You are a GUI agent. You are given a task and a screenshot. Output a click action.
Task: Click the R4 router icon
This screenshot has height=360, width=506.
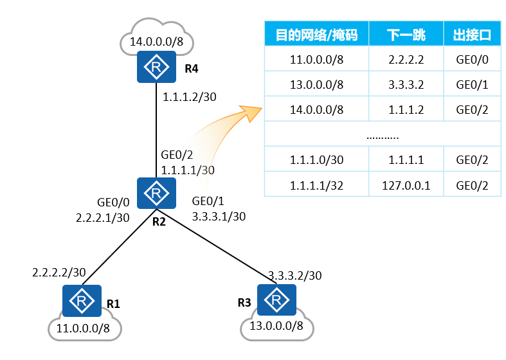point(156,67)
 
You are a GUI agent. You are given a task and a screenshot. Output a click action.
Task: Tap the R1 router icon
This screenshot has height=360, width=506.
point(82,301)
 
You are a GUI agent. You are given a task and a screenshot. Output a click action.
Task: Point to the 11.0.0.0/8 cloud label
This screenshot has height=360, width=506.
point(84,328)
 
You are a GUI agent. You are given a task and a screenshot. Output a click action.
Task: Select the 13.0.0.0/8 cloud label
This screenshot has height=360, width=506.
point(276,326)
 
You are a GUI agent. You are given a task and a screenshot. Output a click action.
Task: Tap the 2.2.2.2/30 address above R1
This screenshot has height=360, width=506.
point(59,273)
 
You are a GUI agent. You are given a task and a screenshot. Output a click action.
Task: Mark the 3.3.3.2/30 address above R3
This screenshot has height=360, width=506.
point(294,276)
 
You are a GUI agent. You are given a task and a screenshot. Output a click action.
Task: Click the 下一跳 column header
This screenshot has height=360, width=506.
point(406,35)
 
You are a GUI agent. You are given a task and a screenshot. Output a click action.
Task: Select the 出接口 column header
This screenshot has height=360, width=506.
point(472,35)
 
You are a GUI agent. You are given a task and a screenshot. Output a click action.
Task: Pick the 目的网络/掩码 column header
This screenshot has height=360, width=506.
point(316,35)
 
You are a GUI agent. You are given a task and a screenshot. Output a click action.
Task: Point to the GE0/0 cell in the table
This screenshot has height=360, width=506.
point(472,60)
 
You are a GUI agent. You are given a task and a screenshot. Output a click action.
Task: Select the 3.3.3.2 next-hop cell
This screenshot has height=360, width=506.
point(406,84)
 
